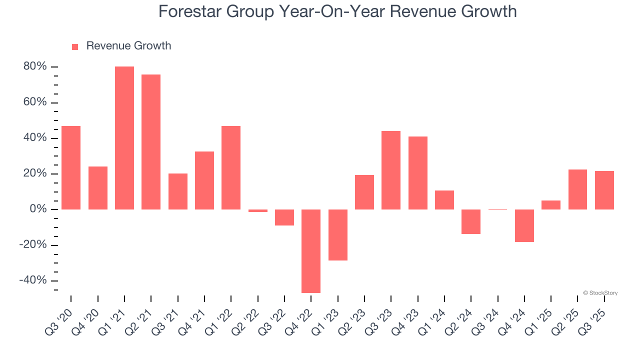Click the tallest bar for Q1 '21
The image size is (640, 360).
(x=124, y=138)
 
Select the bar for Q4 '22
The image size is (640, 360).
(x=311, y=251)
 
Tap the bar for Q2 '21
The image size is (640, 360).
(x=151, y=142)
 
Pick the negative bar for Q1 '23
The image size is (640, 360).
(x=338, y=235)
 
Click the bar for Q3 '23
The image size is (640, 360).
(x=391, y=170)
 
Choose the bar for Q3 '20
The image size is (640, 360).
(x=71, y=167)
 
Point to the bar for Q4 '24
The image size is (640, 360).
(x=524, y=225)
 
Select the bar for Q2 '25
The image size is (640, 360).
(x=577, y=189)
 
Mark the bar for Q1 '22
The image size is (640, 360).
(x=231, y=167)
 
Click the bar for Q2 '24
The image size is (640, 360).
(x=471, y=221)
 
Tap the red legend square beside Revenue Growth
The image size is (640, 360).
(x=75, y=46)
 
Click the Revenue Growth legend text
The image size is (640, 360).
(x=128, y=46)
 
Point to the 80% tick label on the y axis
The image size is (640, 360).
(x=34, y=66)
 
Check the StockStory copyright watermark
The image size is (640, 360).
(x=600, y=293)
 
